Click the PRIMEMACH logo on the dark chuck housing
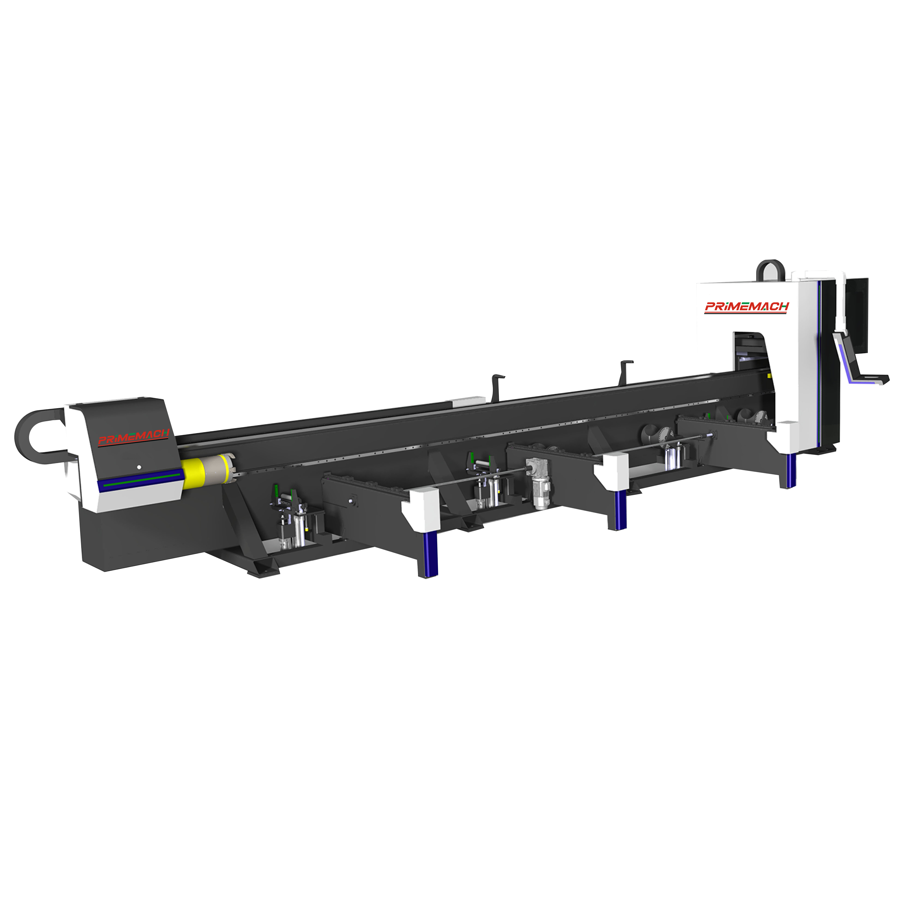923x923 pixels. pos(133,437)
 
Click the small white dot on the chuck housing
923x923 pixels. pos(139,467)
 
